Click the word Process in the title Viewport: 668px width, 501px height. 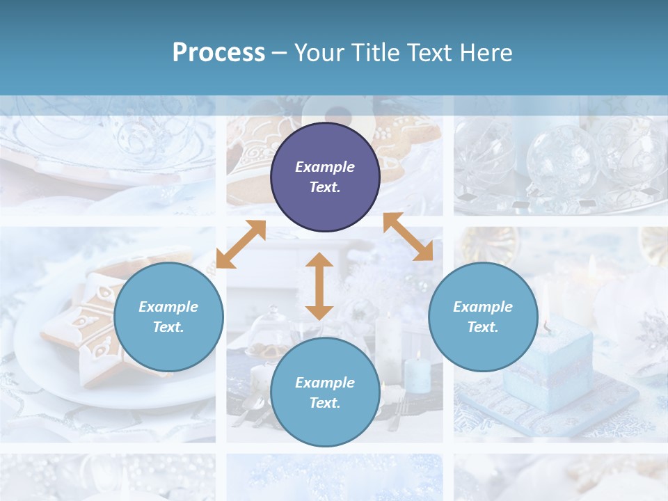(218, 53)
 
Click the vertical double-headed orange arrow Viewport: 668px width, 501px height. (319, 286)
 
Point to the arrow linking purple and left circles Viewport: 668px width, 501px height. (241, 244)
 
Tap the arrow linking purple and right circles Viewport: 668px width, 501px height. (408, 237)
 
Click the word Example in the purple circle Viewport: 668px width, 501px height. (325, 167)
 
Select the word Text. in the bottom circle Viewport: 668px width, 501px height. (325, 403)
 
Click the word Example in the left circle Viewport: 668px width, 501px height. (168, 307)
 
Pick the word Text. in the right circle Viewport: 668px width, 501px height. (483, 327)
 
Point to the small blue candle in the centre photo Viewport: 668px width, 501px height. (417, 373)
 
